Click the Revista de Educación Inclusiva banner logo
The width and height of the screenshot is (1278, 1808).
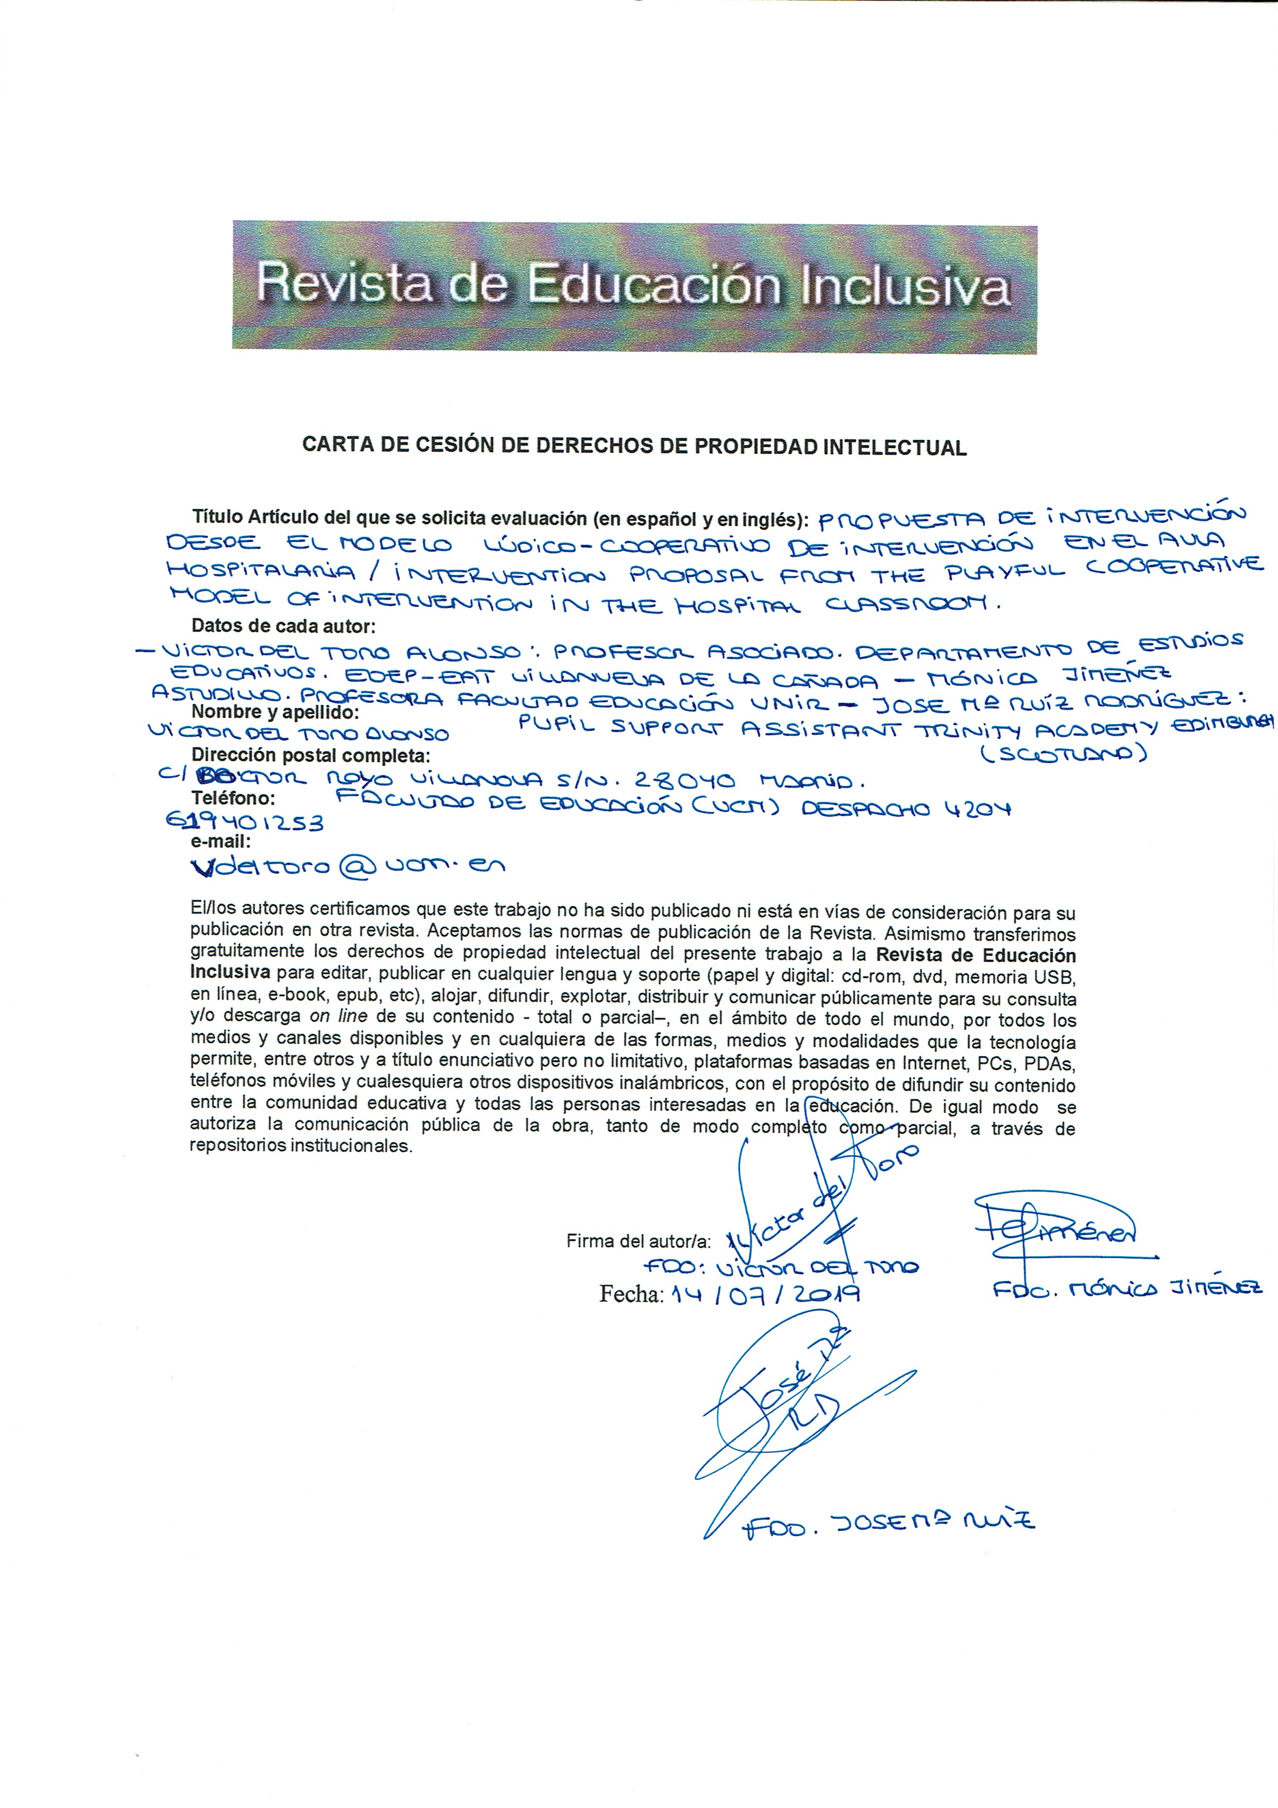pyautogui.click(x=634, y=288)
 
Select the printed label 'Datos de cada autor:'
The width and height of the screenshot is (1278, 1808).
pyautogui.click(x=283, y=627)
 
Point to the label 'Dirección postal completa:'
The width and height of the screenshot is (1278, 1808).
pyautogui.click(x=311, y=756)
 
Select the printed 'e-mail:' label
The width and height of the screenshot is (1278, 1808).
pyautogui.click(x=221, y=842)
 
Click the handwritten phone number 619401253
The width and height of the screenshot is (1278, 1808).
pyautogui.click(x=245, y=822)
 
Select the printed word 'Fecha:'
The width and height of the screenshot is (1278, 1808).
pyautogui.click(x=632, y=1294)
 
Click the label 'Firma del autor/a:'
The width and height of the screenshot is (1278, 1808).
pyautogui.click(x=638, y=1242)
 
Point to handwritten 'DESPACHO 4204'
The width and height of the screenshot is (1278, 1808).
pyautogui.click(x=906, y=809)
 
